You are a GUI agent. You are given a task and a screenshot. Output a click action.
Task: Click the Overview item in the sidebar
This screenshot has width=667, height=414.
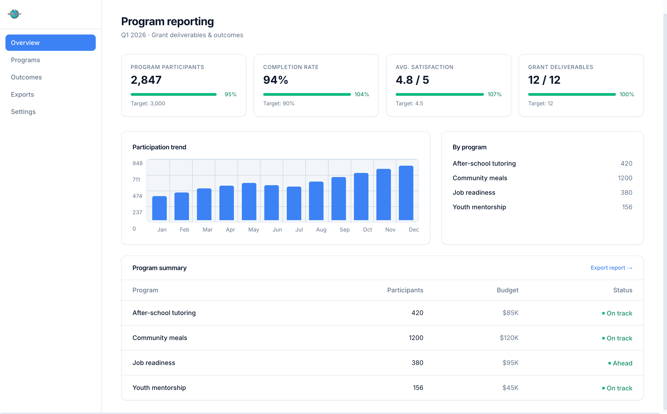[50, 43]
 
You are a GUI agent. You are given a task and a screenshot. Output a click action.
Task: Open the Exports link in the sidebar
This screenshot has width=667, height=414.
[22, 94]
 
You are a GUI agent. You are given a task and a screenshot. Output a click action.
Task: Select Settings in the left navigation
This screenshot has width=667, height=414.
[23, 112]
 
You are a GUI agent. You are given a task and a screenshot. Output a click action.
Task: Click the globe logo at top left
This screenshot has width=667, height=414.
[14, 14]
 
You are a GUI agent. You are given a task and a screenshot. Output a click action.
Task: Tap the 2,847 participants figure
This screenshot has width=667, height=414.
[146, 80]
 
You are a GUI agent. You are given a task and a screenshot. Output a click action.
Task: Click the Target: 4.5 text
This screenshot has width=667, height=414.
[409, 103]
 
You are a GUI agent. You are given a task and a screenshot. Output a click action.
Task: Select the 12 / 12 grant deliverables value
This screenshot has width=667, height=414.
[544, 80]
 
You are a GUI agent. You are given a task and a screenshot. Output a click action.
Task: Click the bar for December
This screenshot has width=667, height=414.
[406, 193]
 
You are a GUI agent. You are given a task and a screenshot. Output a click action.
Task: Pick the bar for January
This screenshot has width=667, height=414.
[159, 208]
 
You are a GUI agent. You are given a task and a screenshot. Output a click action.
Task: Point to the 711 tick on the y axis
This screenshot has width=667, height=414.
[136, 180]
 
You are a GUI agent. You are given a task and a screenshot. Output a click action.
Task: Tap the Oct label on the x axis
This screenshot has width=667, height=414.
[367, 229]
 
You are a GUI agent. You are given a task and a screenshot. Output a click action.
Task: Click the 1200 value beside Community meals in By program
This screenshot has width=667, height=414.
[625, 178]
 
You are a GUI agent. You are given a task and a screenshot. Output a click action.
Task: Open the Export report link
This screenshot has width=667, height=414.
[611, 268]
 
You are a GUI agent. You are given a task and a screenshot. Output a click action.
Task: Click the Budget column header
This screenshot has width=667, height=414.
[508, 290]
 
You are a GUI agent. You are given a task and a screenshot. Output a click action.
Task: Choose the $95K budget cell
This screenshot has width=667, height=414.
[510, 362]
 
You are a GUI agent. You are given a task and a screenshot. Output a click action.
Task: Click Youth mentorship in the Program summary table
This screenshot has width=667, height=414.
[159, 387]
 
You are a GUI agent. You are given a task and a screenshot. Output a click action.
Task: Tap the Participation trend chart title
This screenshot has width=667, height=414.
[159, 147]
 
